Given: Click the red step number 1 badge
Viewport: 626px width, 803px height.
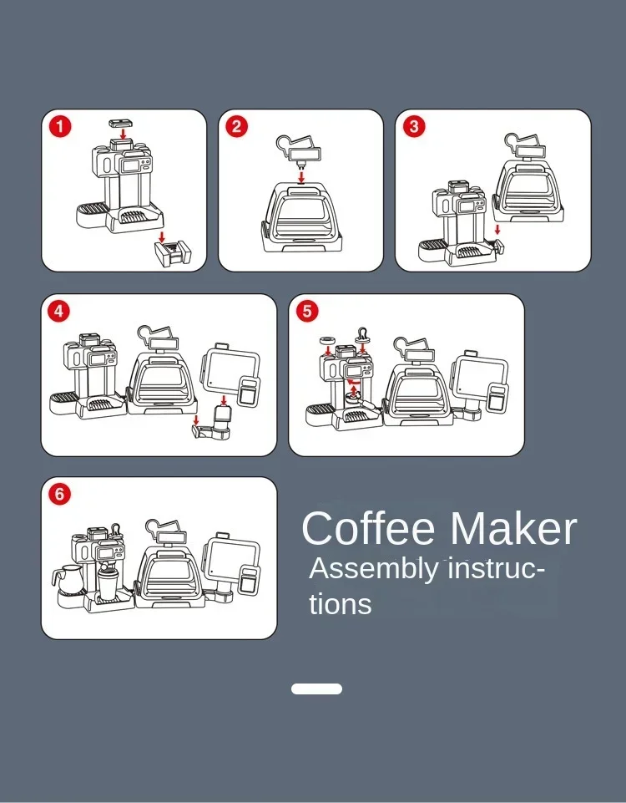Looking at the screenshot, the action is coord(60,126).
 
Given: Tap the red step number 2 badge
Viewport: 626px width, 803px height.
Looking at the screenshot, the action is coord(237,126).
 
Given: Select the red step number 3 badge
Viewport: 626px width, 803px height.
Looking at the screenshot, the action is coord(414,126).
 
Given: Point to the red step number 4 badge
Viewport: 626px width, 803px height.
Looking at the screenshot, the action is coord(58,312).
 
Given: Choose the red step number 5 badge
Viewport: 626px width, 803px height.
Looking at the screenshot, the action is coord(307,312).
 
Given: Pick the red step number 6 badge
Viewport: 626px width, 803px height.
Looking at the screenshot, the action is coord(60,494).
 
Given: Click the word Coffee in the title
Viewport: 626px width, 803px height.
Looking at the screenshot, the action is coord(368,528).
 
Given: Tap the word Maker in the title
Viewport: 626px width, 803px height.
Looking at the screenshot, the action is coord(513,528).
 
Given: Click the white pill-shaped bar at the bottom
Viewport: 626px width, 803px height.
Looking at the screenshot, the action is coord(316,689).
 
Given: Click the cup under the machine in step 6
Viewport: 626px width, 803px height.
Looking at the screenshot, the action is coord(108,585).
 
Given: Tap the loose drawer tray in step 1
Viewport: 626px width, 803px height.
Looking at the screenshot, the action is coord(173,254).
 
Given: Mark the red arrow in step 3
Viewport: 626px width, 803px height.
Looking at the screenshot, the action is coord(497,229).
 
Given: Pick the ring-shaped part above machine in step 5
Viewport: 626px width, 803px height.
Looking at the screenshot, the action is coord(327,341).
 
